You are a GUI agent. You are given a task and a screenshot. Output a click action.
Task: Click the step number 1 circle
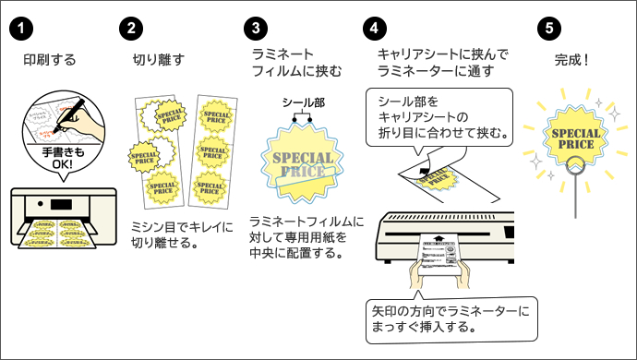(18, 27)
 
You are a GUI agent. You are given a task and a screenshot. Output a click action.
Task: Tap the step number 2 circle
(132, 27)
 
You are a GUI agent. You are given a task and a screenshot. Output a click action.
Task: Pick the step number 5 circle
(550, 27)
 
